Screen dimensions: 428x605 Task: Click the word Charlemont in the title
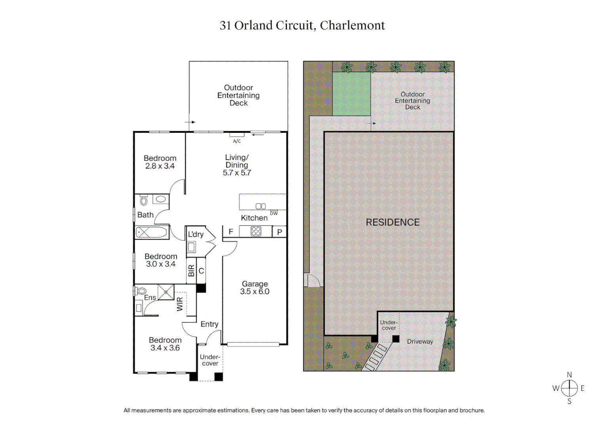click(x=352, y=25)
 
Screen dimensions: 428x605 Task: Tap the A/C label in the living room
click(x=237, y=141)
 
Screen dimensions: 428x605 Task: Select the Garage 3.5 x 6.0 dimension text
click(x=255, y=292)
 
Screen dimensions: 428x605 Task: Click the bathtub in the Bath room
click(x=152, y=232)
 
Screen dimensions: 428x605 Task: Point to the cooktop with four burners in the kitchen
click(x=256, y=231)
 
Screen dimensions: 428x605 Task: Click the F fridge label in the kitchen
click(x=231, y=232)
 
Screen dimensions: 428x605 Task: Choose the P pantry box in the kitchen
click(x=280, y=232)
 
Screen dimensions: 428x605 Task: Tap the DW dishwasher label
click(x=274, y=213)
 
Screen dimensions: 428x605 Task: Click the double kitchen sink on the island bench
click(x=261, y=206)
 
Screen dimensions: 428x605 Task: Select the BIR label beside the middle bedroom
click(x=192, y=271)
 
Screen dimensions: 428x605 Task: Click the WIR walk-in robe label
click(x=180, y=304)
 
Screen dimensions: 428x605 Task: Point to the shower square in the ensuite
click(x=166, y=292)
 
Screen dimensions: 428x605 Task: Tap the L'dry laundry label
click(x=196, y=234)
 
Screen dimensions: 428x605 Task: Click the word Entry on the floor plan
click(x=209, y=324)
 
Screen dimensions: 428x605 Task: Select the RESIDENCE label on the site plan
click(x=392, y=222)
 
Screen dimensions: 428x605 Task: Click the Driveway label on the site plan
click(x=420, y=342)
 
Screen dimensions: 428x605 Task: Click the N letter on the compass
click(x=569, y=375)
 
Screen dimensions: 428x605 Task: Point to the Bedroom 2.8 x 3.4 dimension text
click(x=160, y=166)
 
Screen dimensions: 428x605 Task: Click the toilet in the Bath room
click(x=144, y=201)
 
